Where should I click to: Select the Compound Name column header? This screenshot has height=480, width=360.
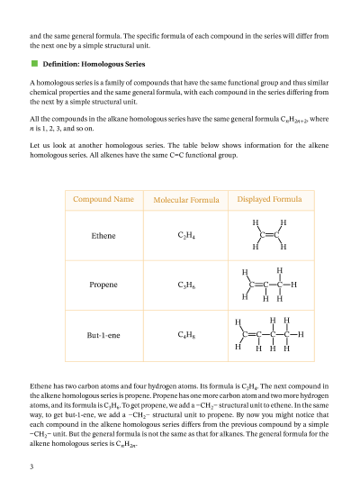[103, 199]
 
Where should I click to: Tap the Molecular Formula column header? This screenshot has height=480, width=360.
[187, 200]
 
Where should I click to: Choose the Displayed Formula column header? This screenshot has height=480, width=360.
[269, 199]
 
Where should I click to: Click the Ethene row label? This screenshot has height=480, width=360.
[103, 236]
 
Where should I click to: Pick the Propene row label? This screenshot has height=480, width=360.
[103, 285]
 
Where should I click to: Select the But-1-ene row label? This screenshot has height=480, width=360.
[103, 335]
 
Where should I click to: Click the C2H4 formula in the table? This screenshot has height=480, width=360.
[187, 236]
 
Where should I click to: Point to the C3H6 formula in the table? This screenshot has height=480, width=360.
[187, 285]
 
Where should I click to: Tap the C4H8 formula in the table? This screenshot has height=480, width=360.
[187, 335]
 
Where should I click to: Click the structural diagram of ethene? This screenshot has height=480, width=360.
[270, 234]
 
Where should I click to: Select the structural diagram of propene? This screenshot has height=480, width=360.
[269, 284]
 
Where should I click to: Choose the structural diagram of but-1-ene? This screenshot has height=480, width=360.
[268, 334]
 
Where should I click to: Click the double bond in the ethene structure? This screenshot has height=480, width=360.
[270, 234]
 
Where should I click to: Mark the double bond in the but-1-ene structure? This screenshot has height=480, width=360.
[251, 334]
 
